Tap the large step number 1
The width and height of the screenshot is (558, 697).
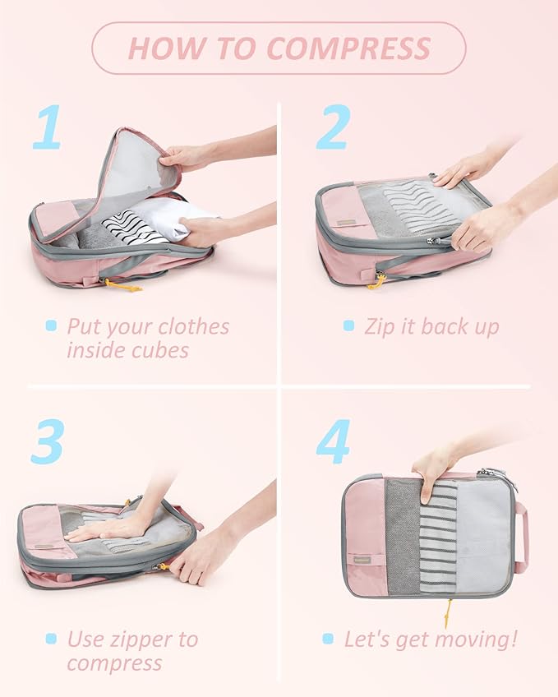[x=47, y=128]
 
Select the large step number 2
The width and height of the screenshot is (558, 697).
[x=333, y=127]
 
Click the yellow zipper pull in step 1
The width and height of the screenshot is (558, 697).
[x=122, y=285]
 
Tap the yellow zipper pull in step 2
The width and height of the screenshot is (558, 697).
[x=377, y=281]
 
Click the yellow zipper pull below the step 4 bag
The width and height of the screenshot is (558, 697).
[x=448, y=612]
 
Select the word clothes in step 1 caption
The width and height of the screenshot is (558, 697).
[x=189, y=326]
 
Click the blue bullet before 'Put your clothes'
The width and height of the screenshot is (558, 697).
[x=51, y=326]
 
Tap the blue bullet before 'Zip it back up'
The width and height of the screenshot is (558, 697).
[x=348, y=326]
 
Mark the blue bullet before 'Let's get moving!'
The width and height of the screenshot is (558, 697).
[x=328, y=639]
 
